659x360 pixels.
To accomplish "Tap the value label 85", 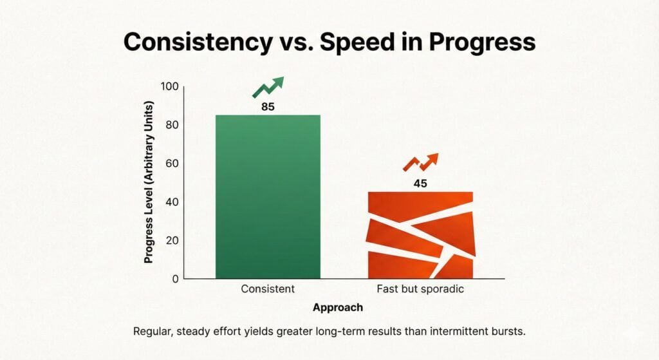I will pos(268,107).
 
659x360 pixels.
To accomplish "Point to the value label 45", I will pos(420,184).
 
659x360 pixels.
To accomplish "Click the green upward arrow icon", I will pos(268,87).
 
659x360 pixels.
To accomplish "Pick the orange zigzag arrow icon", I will pos(420,162).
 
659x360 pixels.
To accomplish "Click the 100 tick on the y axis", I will pos(169,86).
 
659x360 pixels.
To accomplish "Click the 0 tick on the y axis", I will pos(174,279).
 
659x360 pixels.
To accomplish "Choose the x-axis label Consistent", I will pos(268,289).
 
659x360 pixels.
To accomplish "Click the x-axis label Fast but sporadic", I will pos(420,289).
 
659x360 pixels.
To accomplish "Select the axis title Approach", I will pos(337,308).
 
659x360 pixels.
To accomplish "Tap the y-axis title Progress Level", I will pos(149,182).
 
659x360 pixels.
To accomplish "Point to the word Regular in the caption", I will pos(153,332).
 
